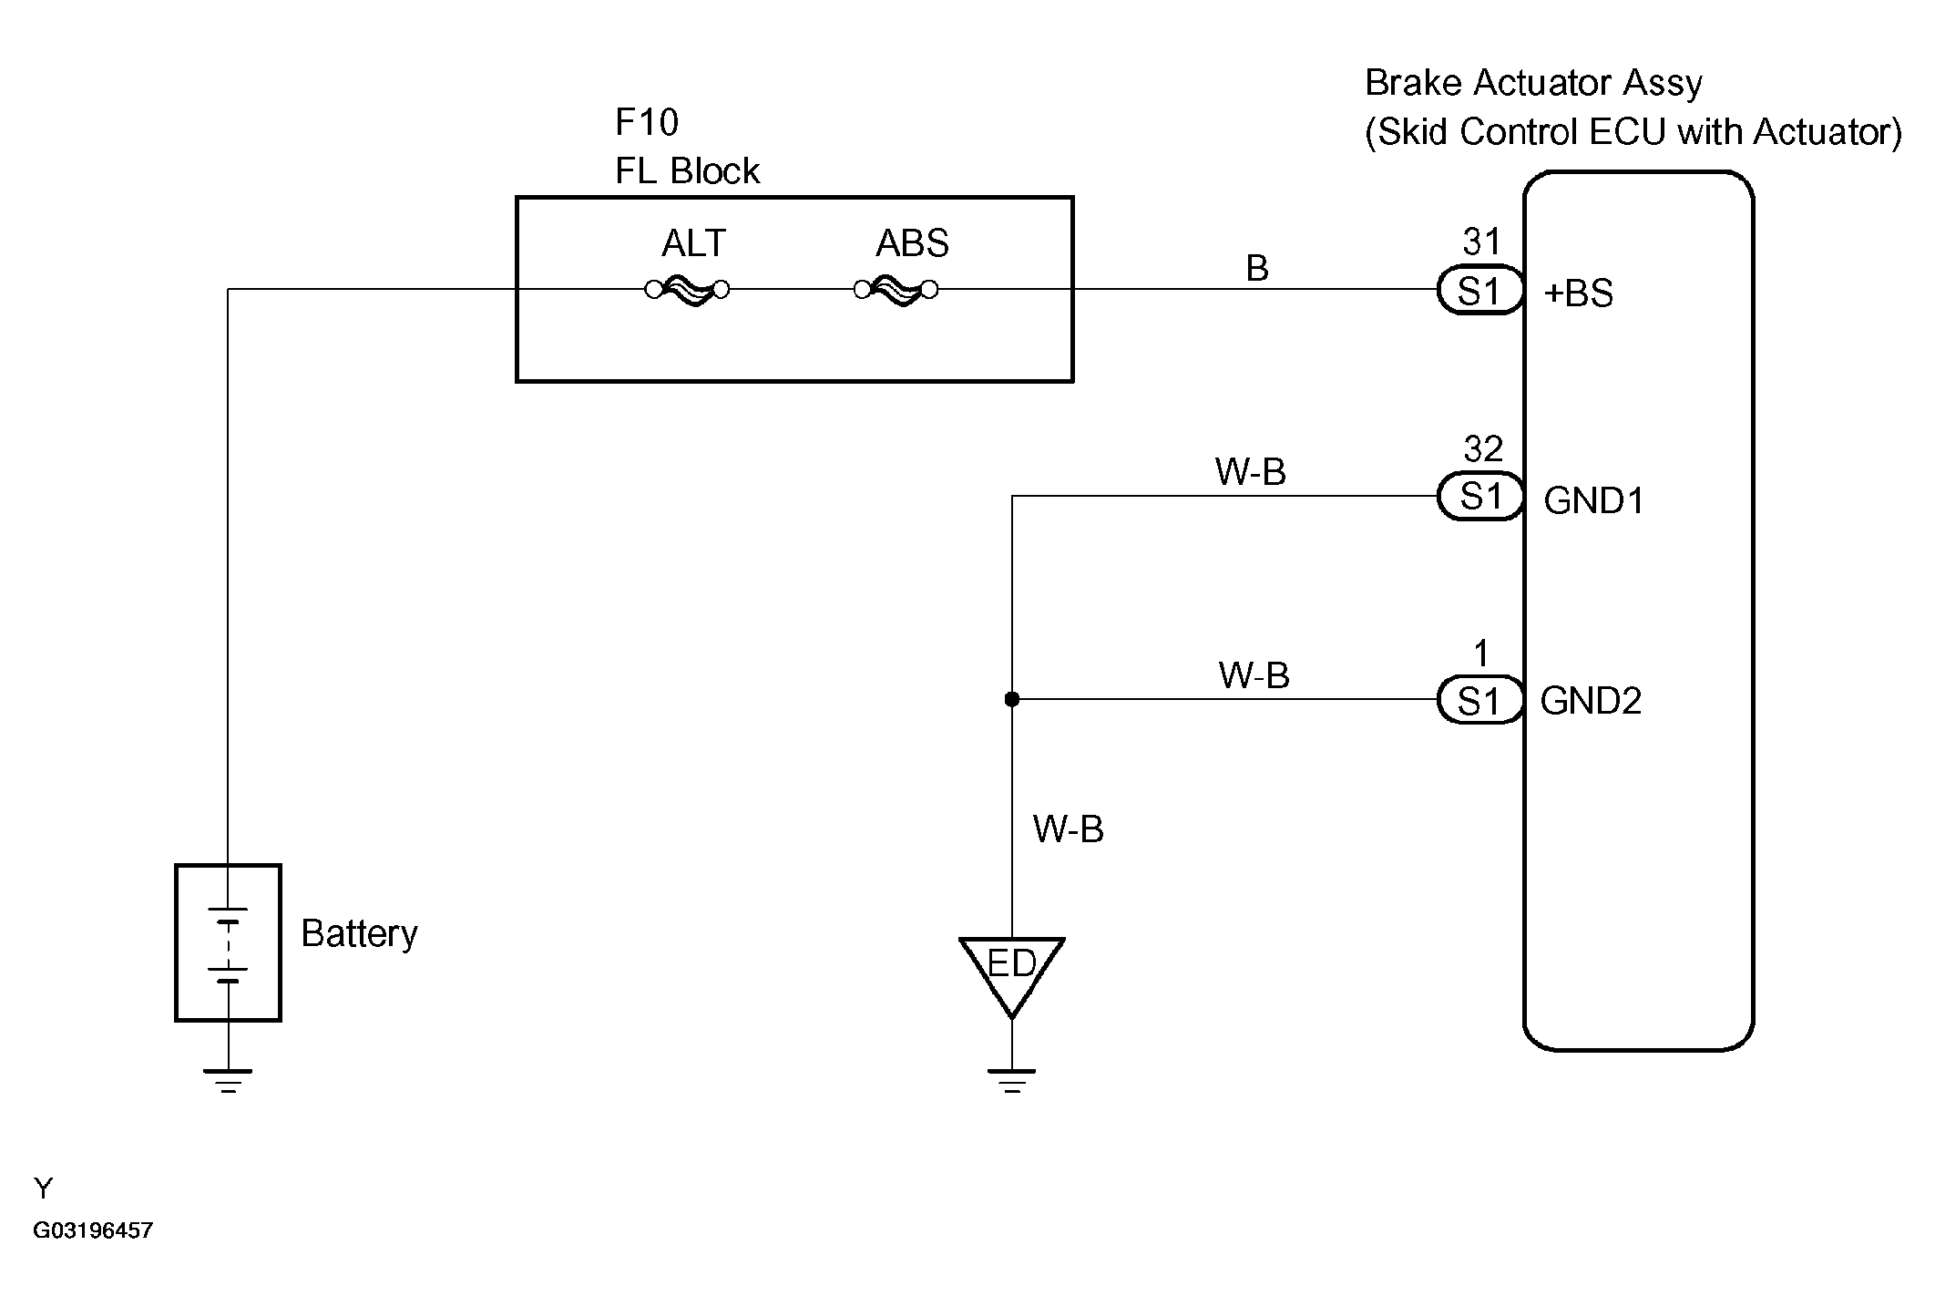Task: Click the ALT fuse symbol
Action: click(x=687, y=291)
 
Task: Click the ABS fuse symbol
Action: click(x=896, y=291)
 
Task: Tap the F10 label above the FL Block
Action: click(x=647, y=122)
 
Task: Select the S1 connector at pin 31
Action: click(x=1480, y=291)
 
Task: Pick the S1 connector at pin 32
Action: click(x=1480, y=497)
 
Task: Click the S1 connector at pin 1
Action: click(x=1480, y=700)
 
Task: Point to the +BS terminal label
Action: click(x=1579, y=293)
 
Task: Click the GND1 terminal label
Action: click(x=1594, y=500)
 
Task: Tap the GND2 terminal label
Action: click(x=1592, y=701)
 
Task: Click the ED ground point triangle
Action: click(x=1011, y=973)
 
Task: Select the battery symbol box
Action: click(x=228, y=942)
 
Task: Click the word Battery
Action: click(x=359, y=934)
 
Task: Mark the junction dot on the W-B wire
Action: click(x=1011, y=700)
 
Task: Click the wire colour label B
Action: click(x=1257, y=268)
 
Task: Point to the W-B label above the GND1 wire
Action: click(x=1251, y=472)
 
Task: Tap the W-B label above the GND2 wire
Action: click(x=1254, y=675)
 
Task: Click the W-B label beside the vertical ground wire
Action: click(x=1069, y=829)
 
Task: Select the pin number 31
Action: click(x=1481, y=242)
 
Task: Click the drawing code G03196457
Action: click(x=93, y=1230)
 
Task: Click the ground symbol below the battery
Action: click(x=228, y=1080)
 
